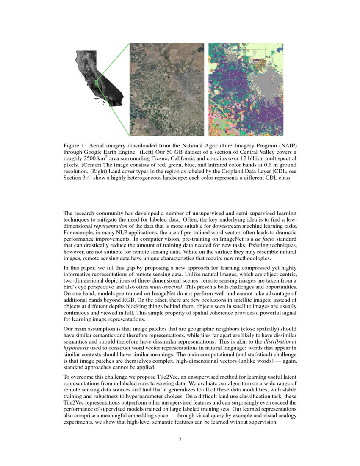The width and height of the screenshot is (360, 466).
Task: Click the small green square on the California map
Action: click(97, 83)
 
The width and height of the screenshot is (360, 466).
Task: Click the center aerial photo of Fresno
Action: click(166, 89)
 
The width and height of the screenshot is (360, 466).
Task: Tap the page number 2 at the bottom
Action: click(180, 439)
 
